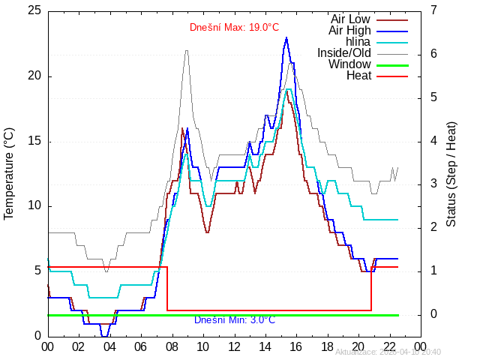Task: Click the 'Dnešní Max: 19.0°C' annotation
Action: pyautogui.click(x=234, y=28)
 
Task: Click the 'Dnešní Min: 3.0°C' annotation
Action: pyautogui.click(x=234, y=319)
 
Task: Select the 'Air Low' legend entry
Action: pyautogui.click(x=350, y=19)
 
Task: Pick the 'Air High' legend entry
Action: pyautogui.click(x=349, y=30)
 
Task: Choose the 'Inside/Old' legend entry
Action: pyautogui.click(x=343, y=52)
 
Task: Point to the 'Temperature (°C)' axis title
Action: pyautogui.click(x=9, y=173)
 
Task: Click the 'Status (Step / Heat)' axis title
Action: pyautogui.click(x=451, y=173)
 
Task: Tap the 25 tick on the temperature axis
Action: pyautogui.click(x=34, y=11)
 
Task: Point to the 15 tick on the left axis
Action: pyautogui.click(x=34, y=141)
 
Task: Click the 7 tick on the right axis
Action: pyautogui.click(x=433, y=11)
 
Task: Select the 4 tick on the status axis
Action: pyautogui.click(x=433, y=141)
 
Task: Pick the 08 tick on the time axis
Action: pyautogui.click(x=172, y=347)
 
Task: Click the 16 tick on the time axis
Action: pyautogui.click(x=296, y=347)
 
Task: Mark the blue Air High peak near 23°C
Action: pyautogui.click(x=286, y=37)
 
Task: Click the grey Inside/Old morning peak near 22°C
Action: pyautogui.click(x=187, y=51)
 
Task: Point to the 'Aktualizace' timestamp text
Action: pyautogui.click(x=388, y=352)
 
